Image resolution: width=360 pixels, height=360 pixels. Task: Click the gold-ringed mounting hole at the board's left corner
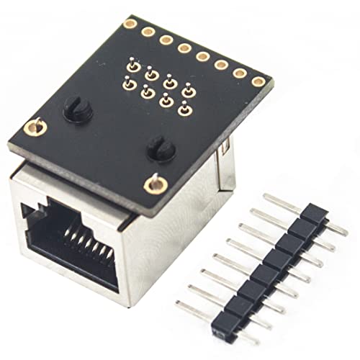click(32, 128)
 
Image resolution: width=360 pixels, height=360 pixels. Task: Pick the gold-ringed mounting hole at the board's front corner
click(152, 185)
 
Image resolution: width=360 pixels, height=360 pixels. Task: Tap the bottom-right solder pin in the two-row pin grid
click(184, 109)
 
